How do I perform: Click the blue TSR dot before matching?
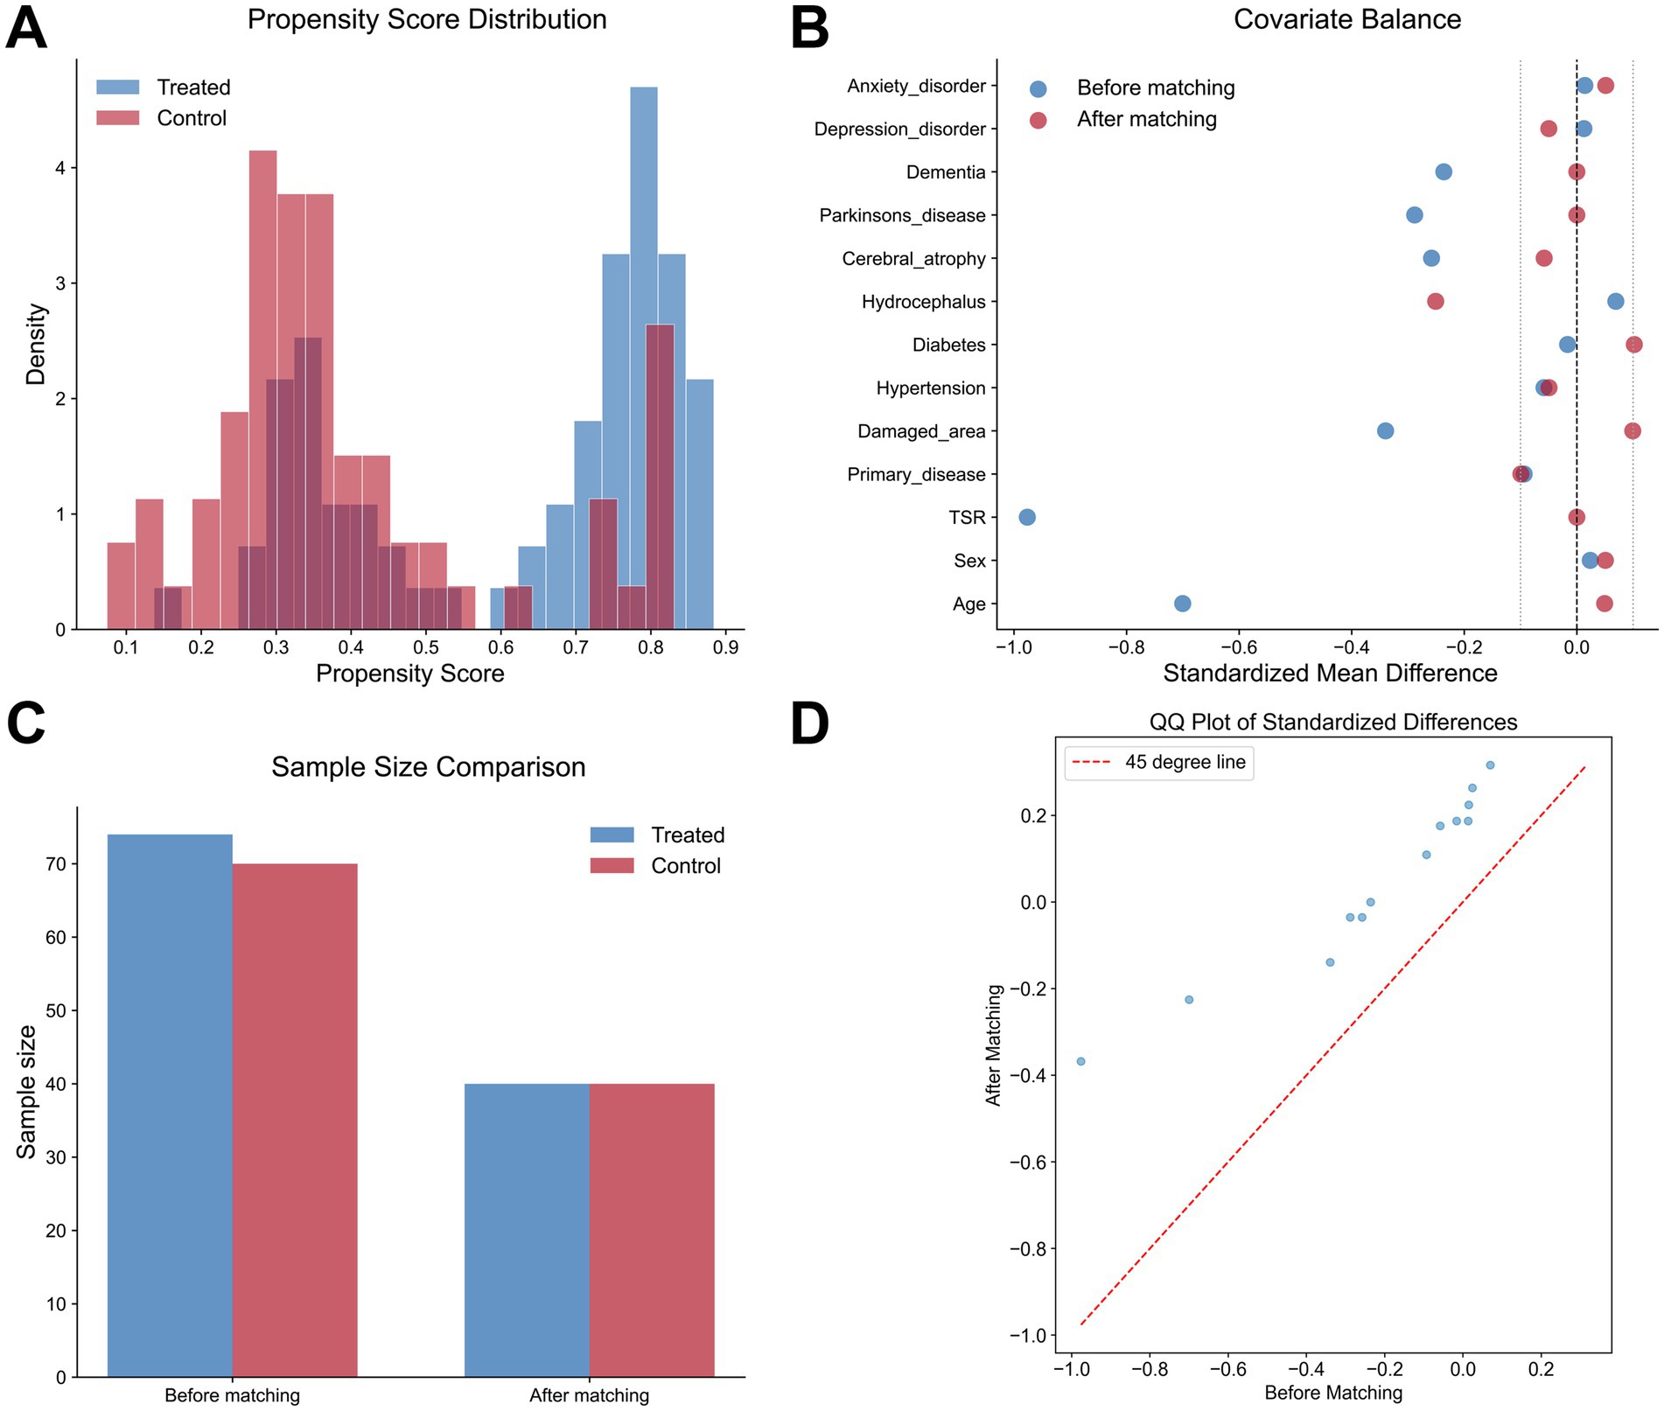coord(1027,517)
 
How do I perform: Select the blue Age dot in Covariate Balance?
coord(1182,604)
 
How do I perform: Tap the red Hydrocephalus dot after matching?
coord(1436,301)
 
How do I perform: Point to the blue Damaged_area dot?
coord(1385,430)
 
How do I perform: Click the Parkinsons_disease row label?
coord(902,215)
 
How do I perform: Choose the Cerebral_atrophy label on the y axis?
coord(913,259)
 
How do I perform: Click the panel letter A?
coord(26,28)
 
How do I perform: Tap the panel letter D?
coord(809,724)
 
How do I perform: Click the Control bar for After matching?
coord(652,1229)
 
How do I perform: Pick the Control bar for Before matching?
coord(295,1120)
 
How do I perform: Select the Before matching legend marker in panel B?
coord(1038,88)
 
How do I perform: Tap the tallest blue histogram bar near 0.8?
coord(644,350)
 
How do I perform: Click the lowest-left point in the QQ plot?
coord(1080,1061)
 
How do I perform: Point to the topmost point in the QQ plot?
coord(1490,765)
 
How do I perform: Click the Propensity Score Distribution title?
coord(427,19)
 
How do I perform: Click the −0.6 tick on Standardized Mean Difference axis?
coord(1238,647)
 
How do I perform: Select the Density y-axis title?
coord(36,344)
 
